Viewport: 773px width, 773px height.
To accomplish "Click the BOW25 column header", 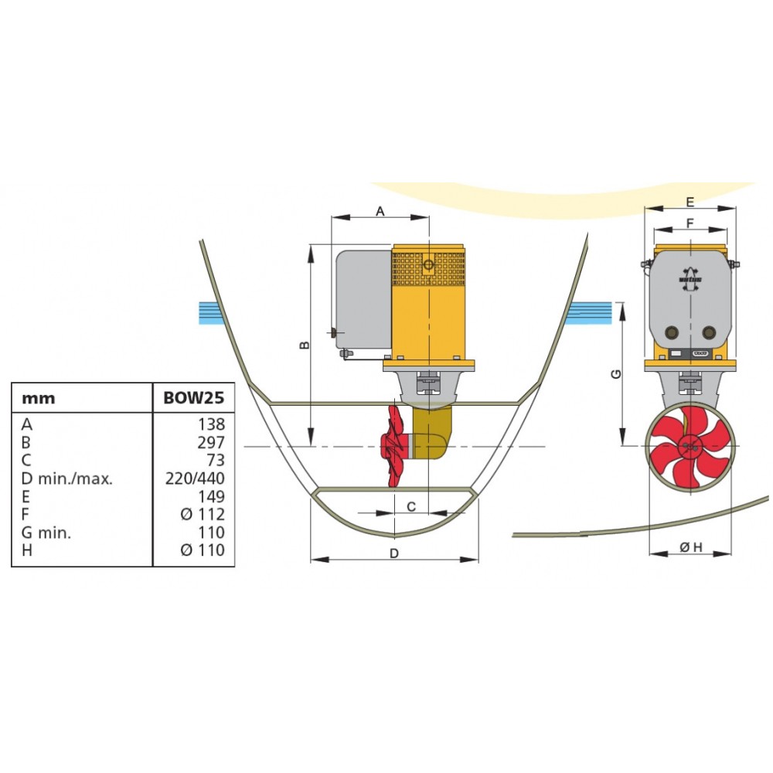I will coord(193,399).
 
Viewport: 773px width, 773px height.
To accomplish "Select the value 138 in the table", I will coord(210,424).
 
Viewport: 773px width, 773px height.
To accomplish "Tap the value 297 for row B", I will coord(210,442).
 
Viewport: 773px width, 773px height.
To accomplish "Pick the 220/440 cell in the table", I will coord(196,478).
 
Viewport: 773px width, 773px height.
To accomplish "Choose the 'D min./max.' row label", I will coord(68,478).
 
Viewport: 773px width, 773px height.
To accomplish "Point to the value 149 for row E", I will coord(210,496).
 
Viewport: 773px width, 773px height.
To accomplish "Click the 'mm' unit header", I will coord(39,399).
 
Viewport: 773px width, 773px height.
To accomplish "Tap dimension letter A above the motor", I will coord(380,211).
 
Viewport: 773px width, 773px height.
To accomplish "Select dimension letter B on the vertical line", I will coord(305,345).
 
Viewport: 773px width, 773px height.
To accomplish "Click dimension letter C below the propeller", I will coord(411,506).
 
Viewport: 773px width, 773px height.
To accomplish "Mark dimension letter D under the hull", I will coord(394,553).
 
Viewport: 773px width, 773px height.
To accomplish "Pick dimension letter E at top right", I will coord(690,202).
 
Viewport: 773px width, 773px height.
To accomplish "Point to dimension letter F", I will coord(690,223).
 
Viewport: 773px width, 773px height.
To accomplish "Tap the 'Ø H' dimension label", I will coord(690,547).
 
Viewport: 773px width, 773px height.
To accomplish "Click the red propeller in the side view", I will coord(396,446).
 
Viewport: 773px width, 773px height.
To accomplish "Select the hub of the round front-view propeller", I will coord(690,446).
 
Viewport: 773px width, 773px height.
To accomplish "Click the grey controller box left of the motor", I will coord(362,298).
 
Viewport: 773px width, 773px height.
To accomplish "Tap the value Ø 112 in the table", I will coord(203,515).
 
